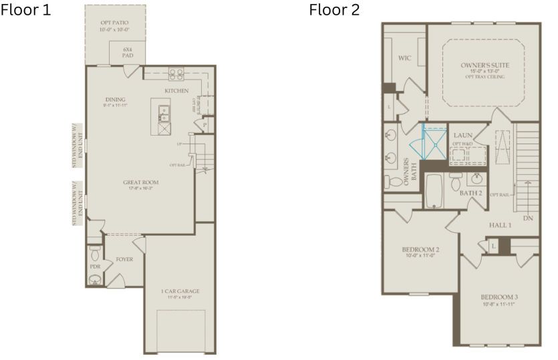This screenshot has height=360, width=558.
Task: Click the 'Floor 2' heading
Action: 333,10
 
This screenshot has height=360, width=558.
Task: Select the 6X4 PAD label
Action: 127,53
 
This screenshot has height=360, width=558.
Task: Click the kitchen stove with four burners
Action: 176,73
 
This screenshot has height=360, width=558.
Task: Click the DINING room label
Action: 115,100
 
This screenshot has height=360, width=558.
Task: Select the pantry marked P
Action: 205,125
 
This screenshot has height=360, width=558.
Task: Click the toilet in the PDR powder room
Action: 95,254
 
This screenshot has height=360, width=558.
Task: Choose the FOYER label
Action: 125,258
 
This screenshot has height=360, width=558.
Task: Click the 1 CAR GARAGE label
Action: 180,291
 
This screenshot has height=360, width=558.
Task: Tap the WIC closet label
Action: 404,58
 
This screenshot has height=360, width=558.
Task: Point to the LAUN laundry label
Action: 462,136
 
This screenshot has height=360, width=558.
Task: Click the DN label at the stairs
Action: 528,218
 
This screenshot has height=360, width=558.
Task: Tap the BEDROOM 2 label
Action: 419,249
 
